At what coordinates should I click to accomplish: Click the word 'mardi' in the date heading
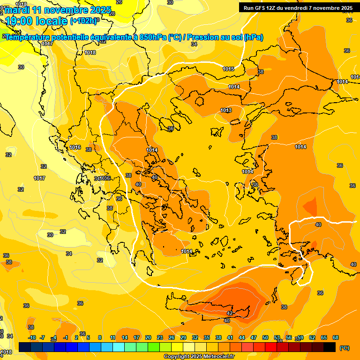pyautogui.click(x=17, y=10)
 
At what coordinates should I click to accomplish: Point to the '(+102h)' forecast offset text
pyautogui.click(x=83, y=21)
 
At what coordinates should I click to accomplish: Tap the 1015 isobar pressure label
pyautogui.click(x=228, y=69)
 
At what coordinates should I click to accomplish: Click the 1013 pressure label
pyautogui.click(x=226, y=111)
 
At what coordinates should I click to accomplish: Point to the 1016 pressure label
pyautogui.click(x=75, y=147)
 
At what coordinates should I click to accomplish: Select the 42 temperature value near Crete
pyautogui.click(x=230, y=313)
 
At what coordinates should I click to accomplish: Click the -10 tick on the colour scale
pyautogui.click(x=32, y=337)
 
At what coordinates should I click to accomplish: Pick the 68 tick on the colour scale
pyautogui.click(x=336, y=337)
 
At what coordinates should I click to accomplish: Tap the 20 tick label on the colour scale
pyautogui.click(x=148, y=337)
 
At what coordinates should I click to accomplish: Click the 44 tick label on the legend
pyautogui.click(x=242, y=337)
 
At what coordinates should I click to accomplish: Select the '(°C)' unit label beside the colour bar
pyautogui.click(x=345, y=348)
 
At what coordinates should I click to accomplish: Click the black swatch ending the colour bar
pyautogui.click(x=330, y=347)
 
